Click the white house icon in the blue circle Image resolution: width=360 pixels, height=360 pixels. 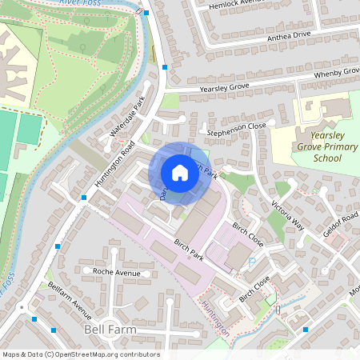click(x=179, y=173)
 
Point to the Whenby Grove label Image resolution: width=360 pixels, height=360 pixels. click(x=336, y=74)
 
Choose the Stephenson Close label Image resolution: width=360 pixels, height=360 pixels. click(x=237, y=126)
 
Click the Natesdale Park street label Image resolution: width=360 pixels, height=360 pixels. click(x=127, y=118)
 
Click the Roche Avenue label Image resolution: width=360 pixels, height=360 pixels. click(x=116, y=273)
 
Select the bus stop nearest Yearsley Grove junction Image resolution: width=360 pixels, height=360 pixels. click(x=165, y=68)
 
